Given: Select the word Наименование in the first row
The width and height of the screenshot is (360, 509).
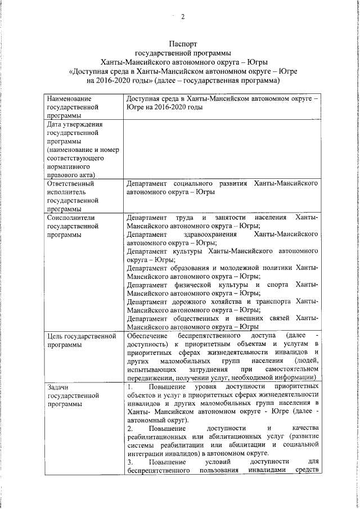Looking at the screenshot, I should pyautogui.click(x=69, y=98).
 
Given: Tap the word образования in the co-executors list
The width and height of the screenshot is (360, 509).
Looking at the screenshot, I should pyautogui.click(x=196, y=268).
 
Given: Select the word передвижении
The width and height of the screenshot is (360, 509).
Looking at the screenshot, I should pyautogui.click(x=150, y=377).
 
